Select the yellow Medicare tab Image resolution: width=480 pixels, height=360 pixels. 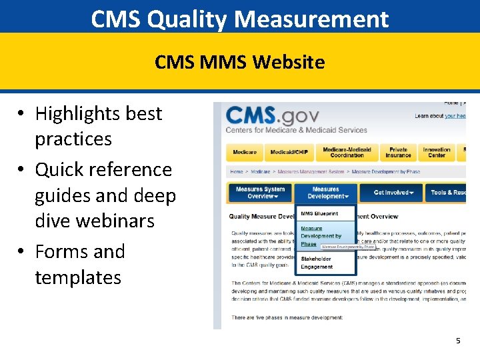point(245,153)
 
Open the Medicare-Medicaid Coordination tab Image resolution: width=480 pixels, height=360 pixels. point(347,153)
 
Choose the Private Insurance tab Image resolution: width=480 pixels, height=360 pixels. point(398,153)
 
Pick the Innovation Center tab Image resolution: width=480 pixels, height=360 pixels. point(437,153)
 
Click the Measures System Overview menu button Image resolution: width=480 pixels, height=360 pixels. point(260,193)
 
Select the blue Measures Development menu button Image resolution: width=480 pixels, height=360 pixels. point(325,193)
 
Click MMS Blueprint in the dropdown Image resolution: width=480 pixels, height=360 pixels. point(319,214)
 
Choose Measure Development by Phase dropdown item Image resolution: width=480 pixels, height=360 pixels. point(321,236)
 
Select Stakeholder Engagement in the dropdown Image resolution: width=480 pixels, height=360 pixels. point(317,262)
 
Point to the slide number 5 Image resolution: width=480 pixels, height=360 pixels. point(458,341)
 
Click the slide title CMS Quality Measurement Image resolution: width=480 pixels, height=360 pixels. point(240,19)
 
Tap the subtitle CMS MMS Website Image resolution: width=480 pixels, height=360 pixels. point(240,62)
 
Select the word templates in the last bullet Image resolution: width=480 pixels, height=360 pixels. point(78,277)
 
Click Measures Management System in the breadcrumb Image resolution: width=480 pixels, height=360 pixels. point(311,171)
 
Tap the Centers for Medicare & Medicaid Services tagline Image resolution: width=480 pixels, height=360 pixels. point(296,130)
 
